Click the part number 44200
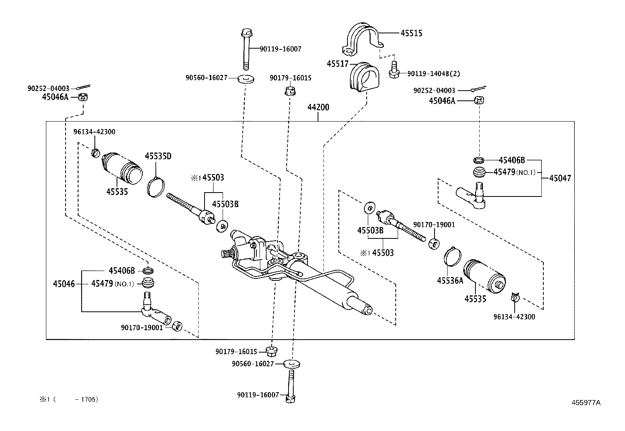point(318,107)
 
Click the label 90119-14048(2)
point(433,73)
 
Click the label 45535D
point(158,156)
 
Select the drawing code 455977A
point(586,402)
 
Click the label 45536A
point(450,280)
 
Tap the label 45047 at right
point(560,178)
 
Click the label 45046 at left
point(64,284)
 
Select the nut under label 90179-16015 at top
point(290,92)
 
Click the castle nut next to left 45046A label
point(82,97)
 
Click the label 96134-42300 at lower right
point(514,317)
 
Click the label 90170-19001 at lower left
point(142,327)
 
